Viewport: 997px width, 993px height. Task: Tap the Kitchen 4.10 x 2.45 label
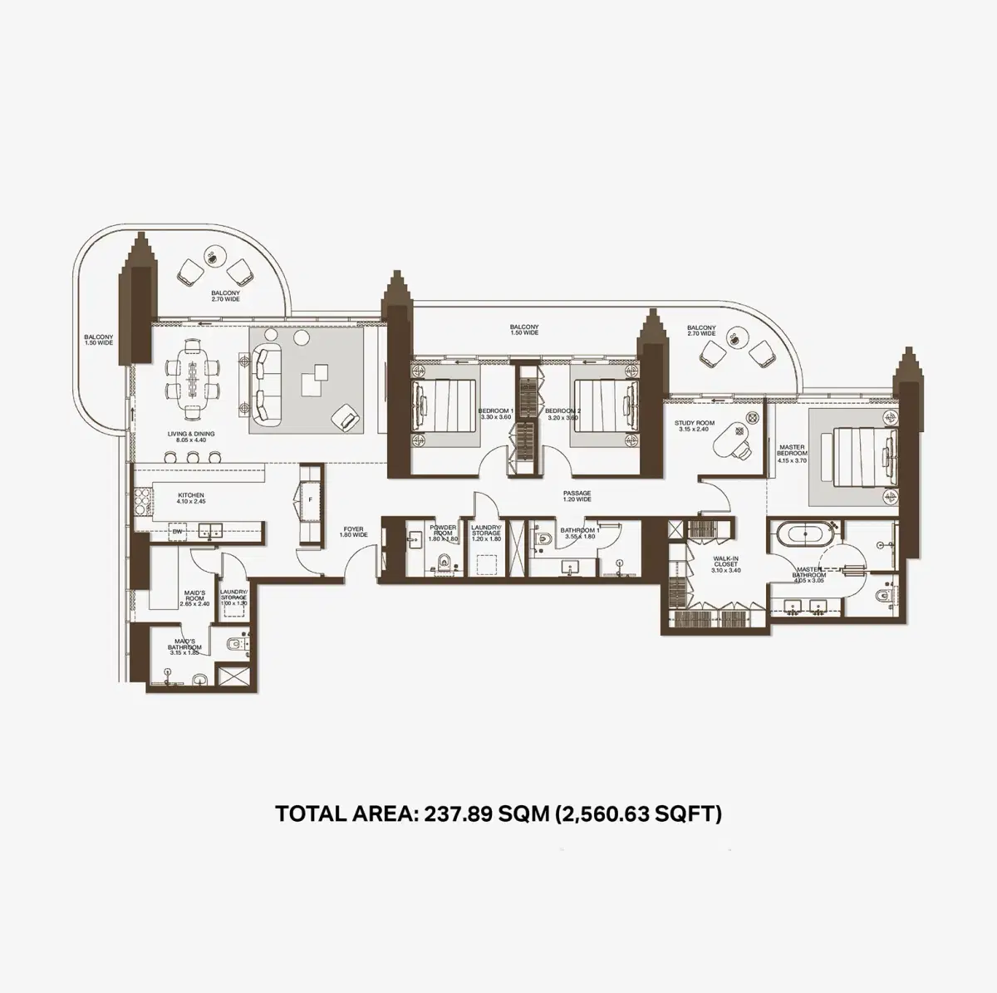190,499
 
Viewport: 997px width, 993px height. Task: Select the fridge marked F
309,500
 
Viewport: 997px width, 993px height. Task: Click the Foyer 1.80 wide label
354,532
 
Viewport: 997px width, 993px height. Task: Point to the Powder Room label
442,531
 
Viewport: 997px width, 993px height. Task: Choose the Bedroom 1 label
497,415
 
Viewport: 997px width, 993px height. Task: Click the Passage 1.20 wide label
577,497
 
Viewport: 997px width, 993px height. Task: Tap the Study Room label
691,426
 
